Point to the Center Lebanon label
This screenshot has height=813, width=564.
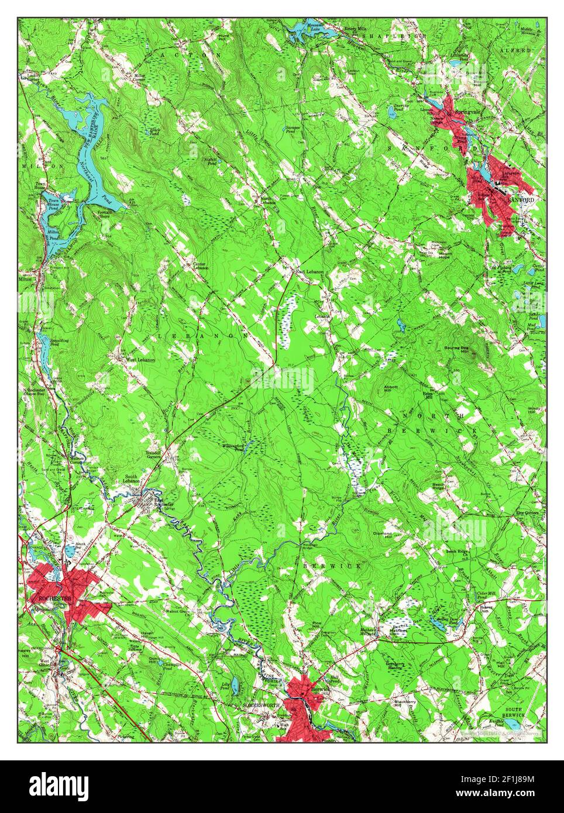click(x=200, y=267)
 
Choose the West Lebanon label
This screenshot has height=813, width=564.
click(x=140, y=359)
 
